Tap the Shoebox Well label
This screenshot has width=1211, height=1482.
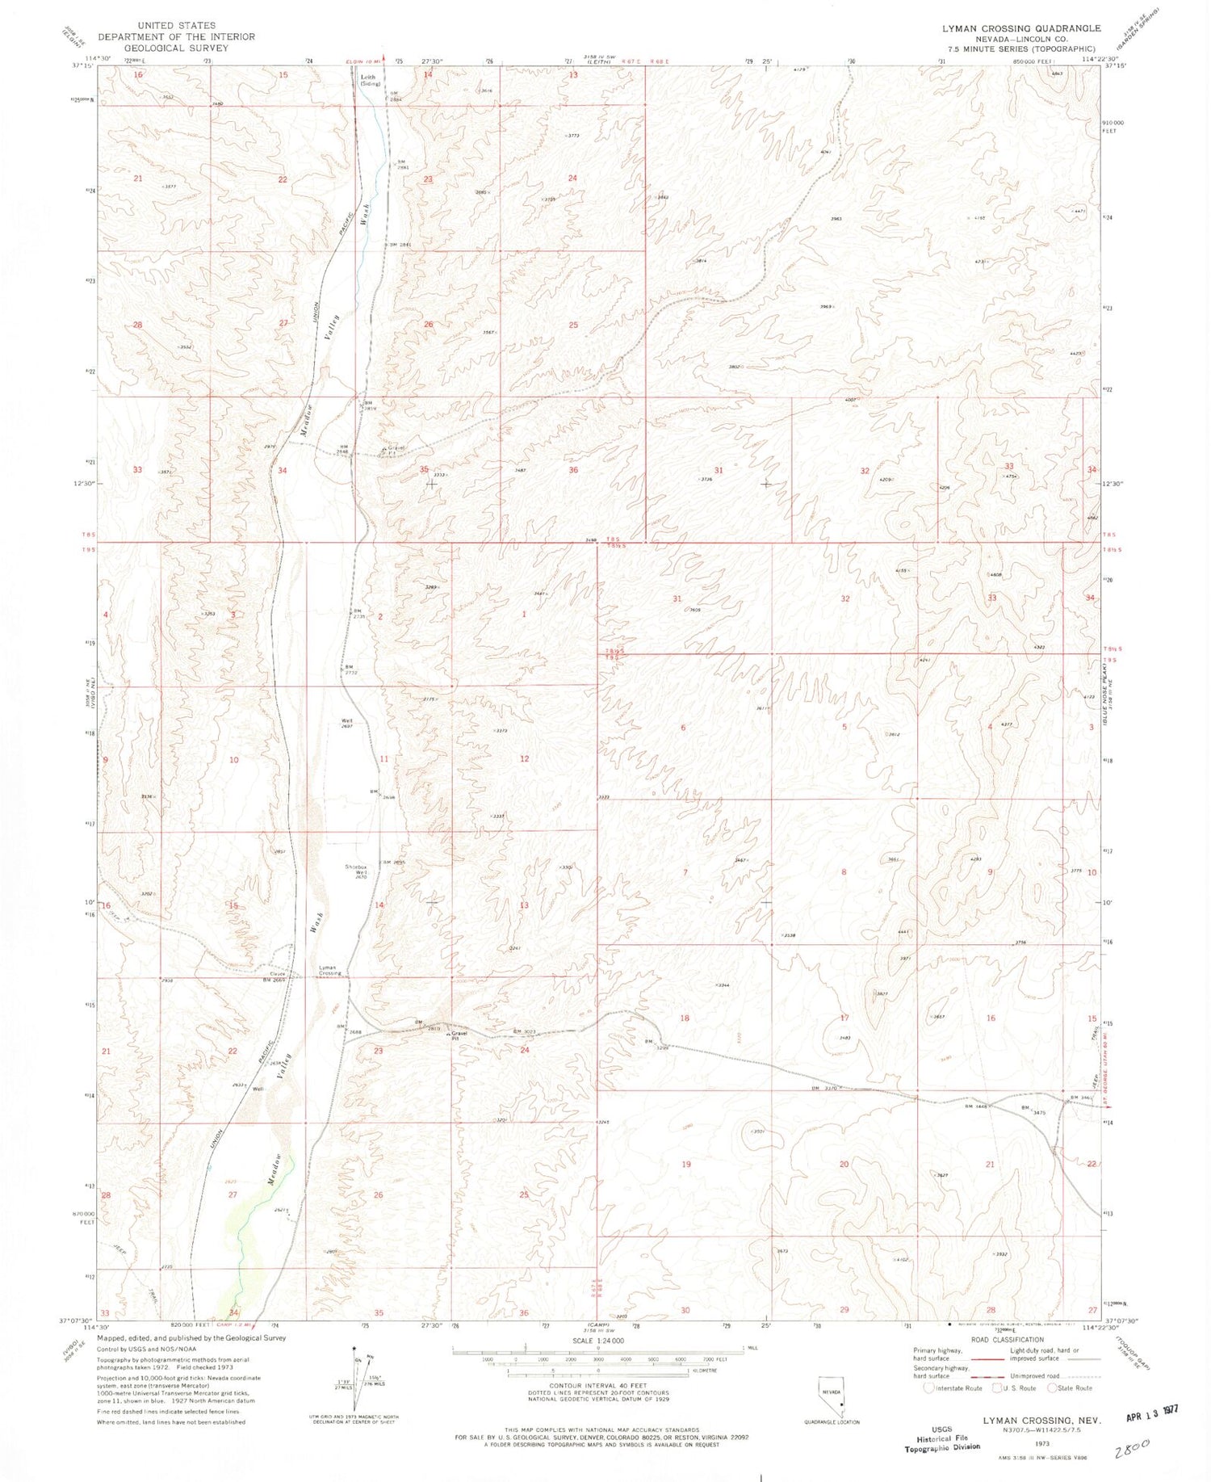click(x=357, y=870)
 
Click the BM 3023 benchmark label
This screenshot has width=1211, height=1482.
click(x=526, y=1031)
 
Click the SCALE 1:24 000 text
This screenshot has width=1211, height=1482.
click(x=597, y=1340)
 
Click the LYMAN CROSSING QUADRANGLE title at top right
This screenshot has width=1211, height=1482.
click(x=1021, y=28)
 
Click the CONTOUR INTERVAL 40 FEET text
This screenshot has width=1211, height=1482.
click(x=597, y=1386)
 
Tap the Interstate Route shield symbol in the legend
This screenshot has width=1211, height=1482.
click(x=929, y=1388)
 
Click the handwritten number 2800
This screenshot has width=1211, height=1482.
click(x=1131, y=1449)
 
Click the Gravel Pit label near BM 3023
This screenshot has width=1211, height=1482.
click(x=460, y=1035)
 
